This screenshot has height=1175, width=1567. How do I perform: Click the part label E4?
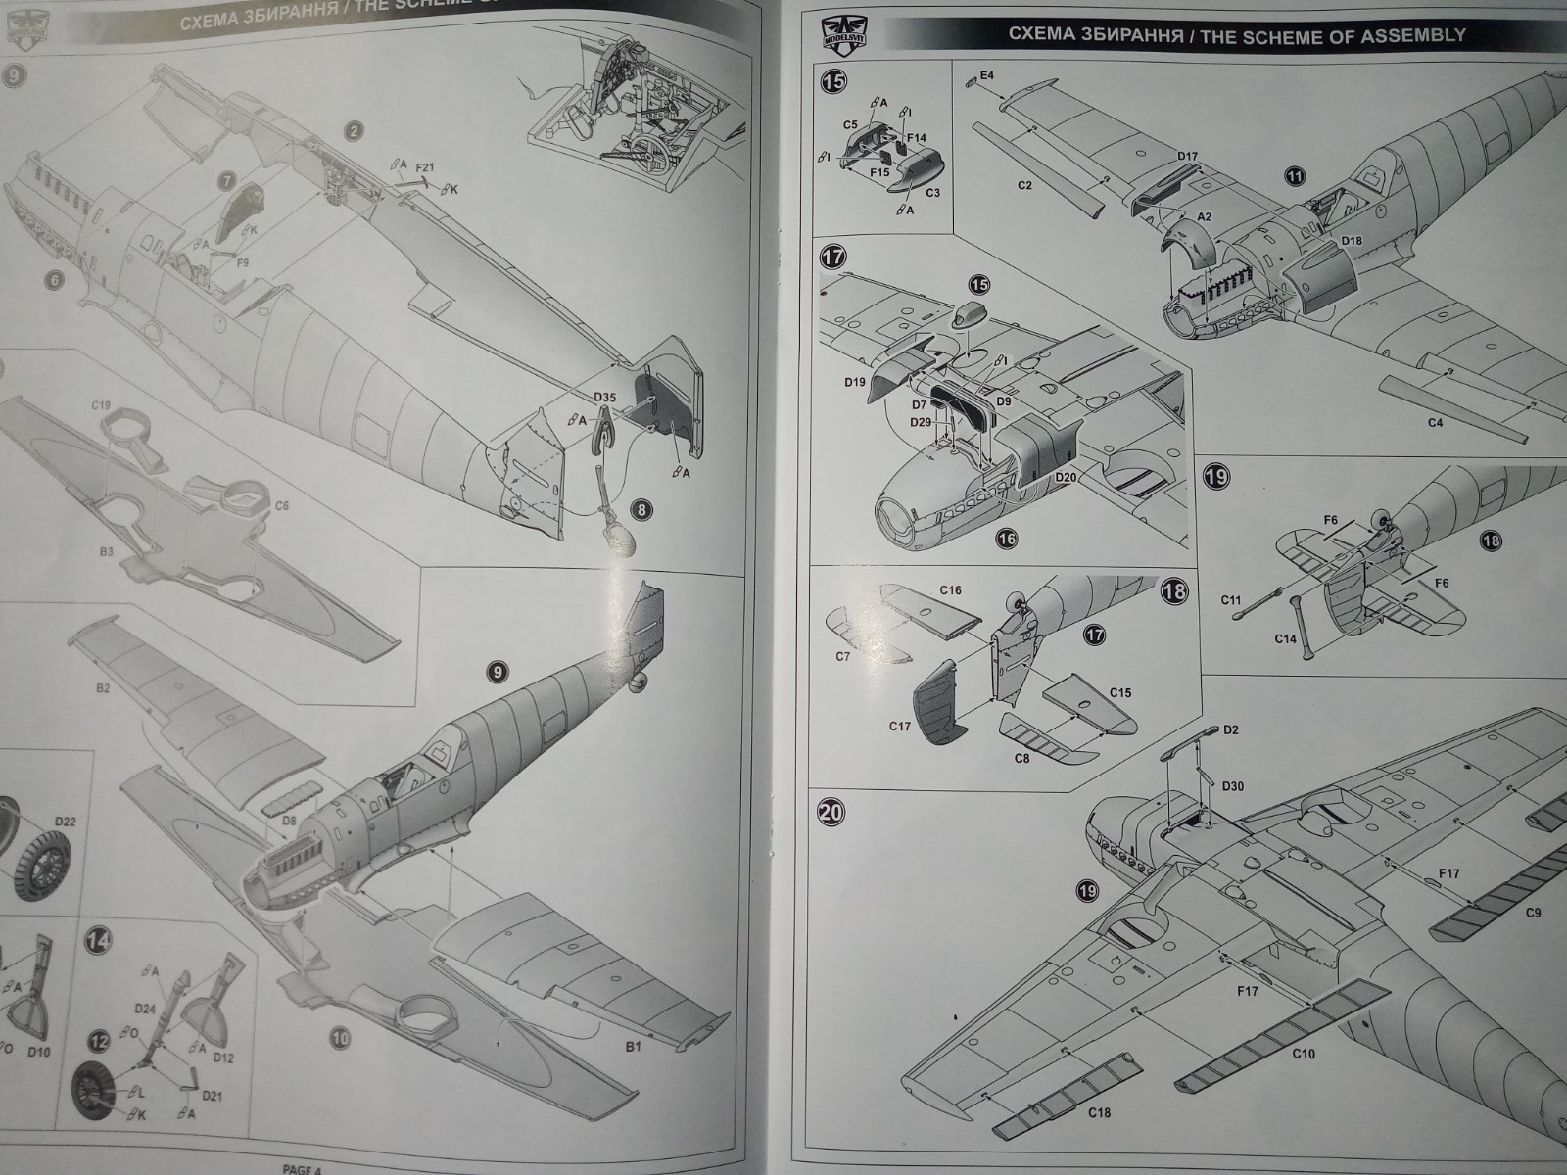[x=986, y=75]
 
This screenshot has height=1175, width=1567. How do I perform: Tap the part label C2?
[x=1025, y=184]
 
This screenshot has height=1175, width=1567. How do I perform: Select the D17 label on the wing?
[x=1187, y=157]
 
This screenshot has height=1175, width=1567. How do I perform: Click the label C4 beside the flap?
[x=1435, y=423]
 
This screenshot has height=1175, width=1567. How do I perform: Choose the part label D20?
[x=1067, y=478]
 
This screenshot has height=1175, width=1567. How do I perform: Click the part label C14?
[x=1286, y=638]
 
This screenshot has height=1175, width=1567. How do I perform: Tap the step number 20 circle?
[x=831, y=812]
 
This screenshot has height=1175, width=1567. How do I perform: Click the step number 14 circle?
[x=99, y=941]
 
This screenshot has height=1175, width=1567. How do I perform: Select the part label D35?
[x=605, y=398]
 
